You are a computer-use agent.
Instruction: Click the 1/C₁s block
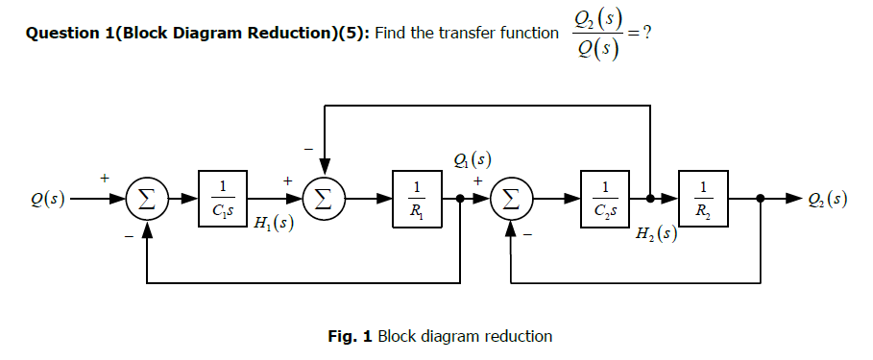coord(223,199)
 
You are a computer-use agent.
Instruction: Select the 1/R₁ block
coord(416,199)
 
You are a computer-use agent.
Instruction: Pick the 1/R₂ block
coord(703,199)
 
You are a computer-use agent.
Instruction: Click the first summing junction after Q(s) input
coord(146,199)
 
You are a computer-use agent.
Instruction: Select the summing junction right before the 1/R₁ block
coord(325,199)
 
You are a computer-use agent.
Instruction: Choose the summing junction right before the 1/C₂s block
coord(512,199)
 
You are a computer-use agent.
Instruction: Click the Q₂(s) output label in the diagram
coord(827,200)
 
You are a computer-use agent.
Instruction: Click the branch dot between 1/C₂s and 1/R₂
coord(650,199)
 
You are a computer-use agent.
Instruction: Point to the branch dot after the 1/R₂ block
coord(761,199)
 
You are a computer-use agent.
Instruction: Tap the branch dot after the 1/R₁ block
coord(462,199)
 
